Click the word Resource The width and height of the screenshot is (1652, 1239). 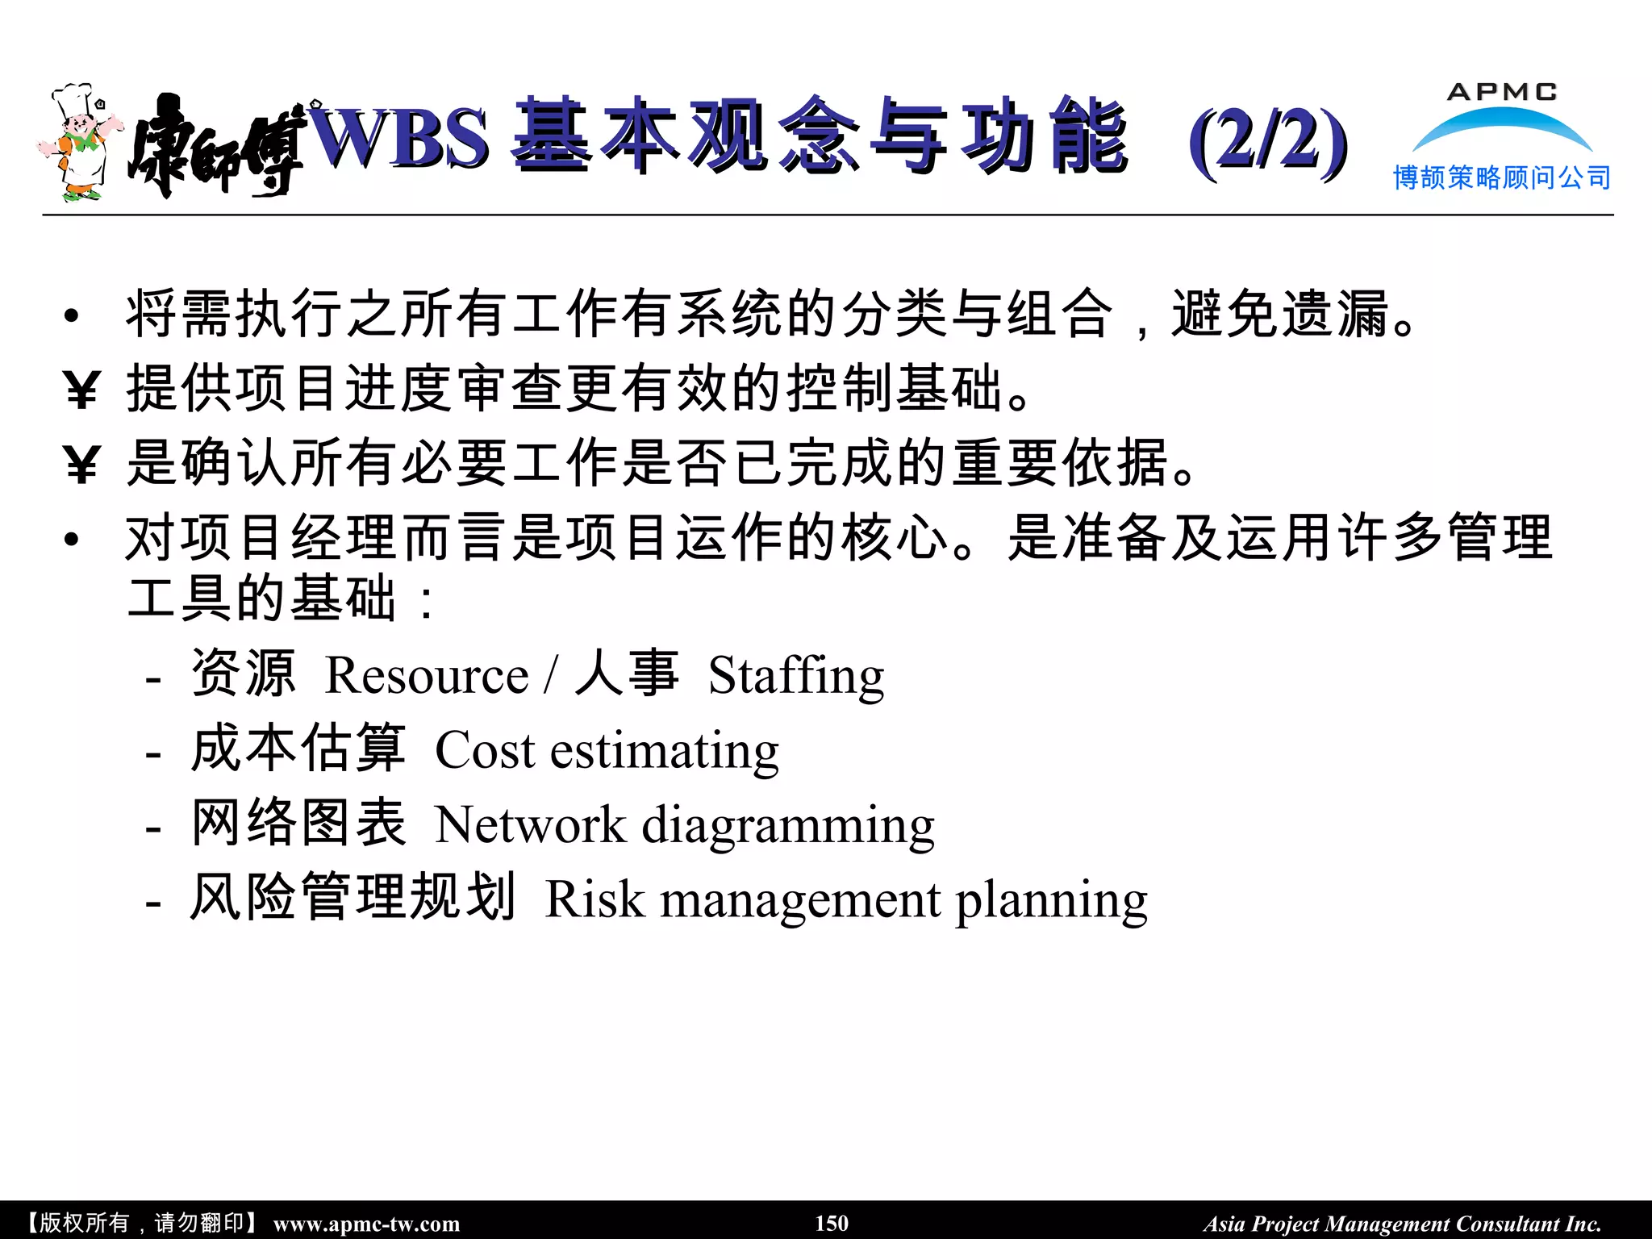(x=426, y=675)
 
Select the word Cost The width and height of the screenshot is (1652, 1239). (x=485, y=750)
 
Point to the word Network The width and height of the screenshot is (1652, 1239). (x=530, y=824)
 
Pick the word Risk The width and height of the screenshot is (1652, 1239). (x=594, y=899)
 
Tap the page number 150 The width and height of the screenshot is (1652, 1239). (x=832, y=1223)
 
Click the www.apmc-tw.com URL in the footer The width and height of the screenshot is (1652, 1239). (x=366, y=1224)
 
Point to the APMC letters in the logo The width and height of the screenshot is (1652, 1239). (x=1502, y=92)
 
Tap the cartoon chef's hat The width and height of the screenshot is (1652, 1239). (x=73, y=100)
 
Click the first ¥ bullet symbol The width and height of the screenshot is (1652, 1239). (x=81, y=390)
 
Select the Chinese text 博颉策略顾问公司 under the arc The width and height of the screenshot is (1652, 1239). (x=1502, y=177)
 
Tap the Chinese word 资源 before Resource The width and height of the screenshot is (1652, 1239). (x=243, y=674)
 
